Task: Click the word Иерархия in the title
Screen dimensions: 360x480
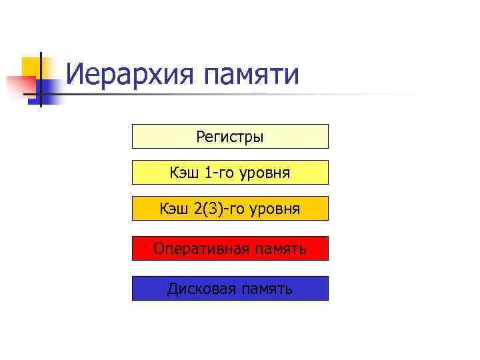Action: coord(130,75)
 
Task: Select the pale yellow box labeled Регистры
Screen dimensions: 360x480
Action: coord(230,136)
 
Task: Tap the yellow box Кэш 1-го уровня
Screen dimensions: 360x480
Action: coord(230,172)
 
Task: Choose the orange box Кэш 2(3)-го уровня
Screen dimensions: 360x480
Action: coord(230,208)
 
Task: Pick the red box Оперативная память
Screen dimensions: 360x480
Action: coord(230,248)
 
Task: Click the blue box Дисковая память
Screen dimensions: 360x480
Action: coord(230,288)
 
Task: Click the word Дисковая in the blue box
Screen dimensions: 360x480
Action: coord(197,289)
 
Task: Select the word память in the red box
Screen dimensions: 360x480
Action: coord(279,249)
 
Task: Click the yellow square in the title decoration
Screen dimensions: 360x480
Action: coord(30,67)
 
